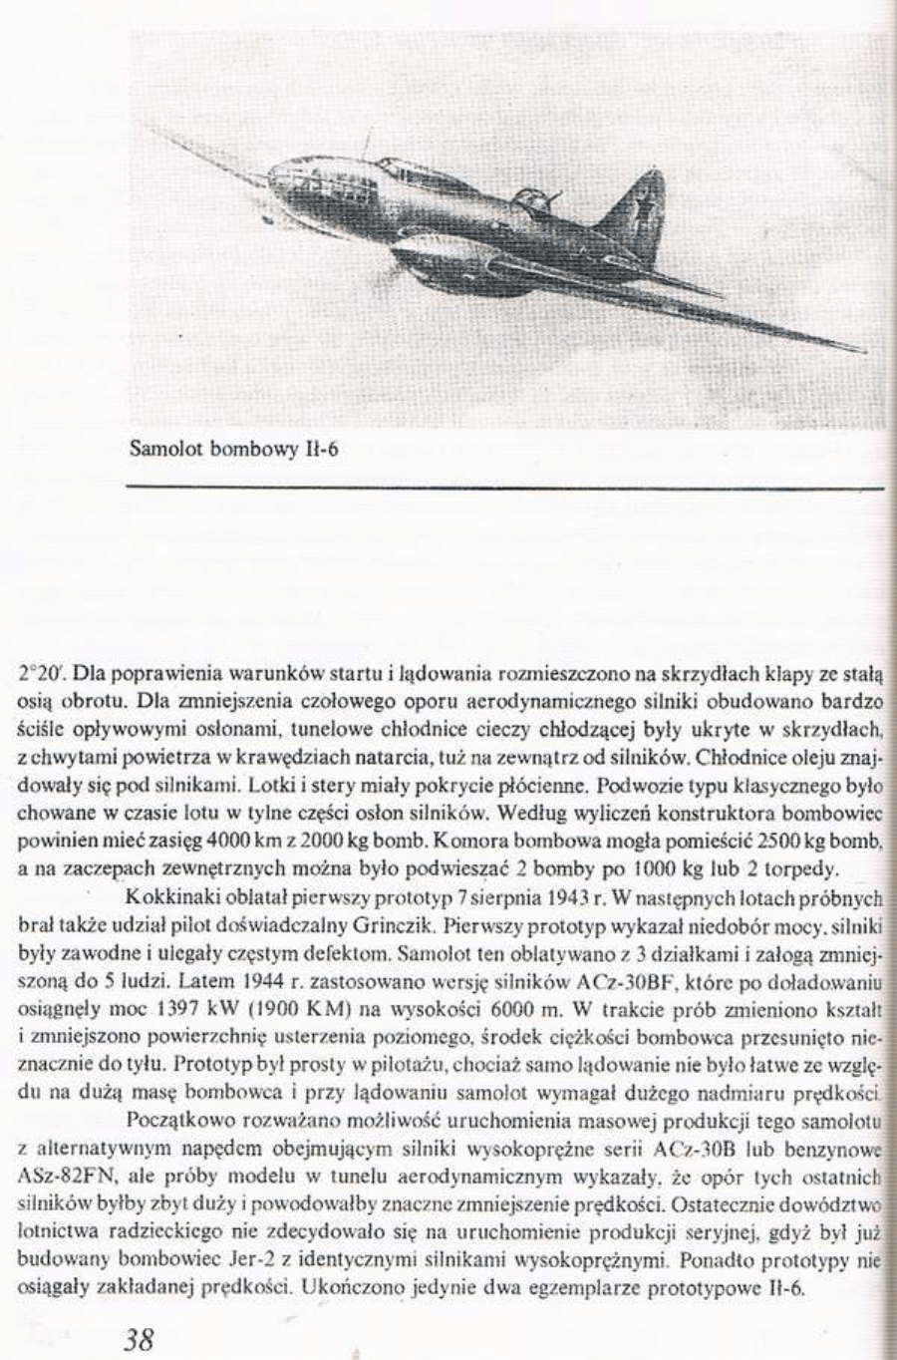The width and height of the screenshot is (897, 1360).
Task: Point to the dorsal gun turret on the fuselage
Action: [525, 194]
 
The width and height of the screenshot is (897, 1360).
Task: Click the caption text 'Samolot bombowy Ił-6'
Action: [235, 449]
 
